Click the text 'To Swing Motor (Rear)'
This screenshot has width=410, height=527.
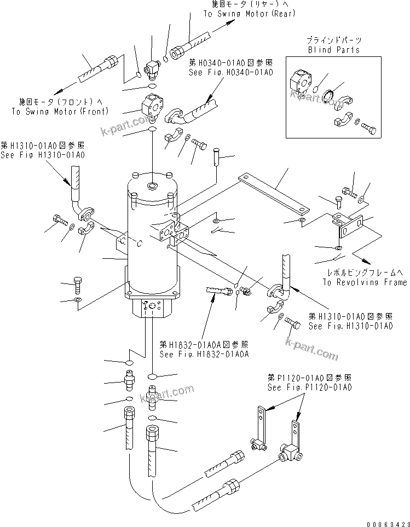coord(249,14)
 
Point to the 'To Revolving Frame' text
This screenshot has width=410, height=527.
coord(364,282)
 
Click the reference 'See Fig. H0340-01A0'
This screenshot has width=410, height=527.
coord(230,72)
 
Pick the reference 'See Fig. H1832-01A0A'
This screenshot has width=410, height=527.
coord(204,354)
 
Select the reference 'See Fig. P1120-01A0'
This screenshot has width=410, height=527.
coord(309,387)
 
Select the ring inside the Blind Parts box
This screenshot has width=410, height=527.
coord(330,95)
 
